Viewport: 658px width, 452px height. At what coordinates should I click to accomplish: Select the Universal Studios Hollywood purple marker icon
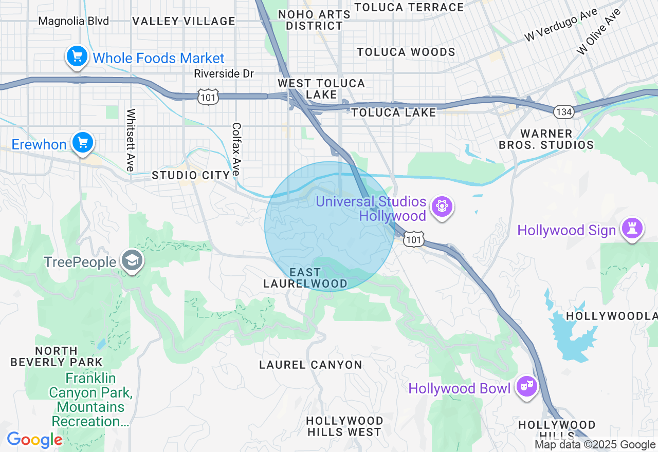point(442,207)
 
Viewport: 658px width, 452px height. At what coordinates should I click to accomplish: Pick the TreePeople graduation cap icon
point(132,261)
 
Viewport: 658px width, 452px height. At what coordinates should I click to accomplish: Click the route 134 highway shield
point(564,112)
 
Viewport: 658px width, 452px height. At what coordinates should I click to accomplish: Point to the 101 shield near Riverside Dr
point(208,96)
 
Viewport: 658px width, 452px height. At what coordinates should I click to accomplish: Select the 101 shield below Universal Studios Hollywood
point(413,239)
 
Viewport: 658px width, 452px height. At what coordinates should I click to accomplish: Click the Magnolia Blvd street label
point(74,21)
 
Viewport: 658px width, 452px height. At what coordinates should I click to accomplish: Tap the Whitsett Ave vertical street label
point(131,140)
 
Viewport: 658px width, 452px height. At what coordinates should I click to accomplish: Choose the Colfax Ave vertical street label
point(236,149)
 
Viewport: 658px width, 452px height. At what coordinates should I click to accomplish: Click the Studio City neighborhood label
point(190,176)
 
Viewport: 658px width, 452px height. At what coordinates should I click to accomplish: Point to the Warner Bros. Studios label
point(546,139)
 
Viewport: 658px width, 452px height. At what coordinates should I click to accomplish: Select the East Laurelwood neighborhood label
point(305,278)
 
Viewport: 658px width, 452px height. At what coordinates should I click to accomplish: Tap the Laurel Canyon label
point(310,365)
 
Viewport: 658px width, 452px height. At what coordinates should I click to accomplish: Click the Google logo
point(34,440)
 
